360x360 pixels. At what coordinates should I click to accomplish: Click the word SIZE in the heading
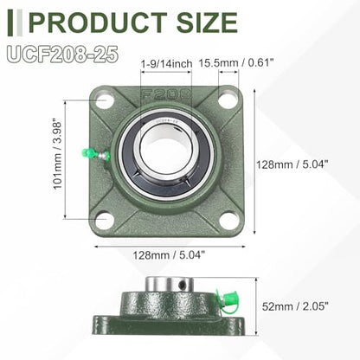click(207, 22)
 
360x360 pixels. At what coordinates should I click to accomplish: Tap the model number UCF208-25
click(63, 54)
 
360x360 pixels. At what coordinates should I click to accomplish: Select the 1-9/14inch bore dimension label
click(166, 63)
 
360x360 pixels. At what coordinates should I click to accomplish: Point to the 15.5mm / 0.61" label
click(236, 62)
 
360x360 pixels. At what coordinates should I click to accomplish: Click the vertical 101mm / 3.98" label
click(57, 154)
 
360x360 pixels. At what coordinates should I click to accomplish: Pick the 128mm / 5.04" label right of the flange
click(292, 164)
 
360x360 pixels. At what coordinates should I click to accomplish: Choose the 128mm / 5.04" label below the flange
click(169, 255)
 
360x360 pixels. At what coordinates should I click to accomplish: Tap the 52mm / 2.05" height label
click(295, 306)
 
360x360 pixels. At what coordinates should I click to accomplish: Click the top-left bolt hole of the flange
click(106, 100)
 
